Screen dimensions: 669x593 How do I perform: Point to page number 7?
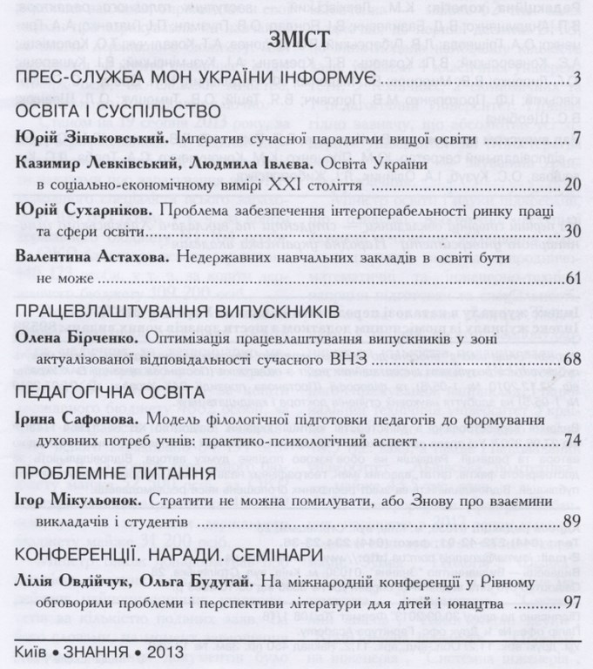(x=576, y=139)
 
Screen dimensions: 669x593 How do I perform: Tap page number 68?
(x=572, y=358)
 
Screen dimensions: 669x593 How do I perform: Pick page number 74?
(x=572, y=442)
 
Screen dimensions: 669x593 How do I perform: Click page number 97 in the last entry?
(x=572, y=602)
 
